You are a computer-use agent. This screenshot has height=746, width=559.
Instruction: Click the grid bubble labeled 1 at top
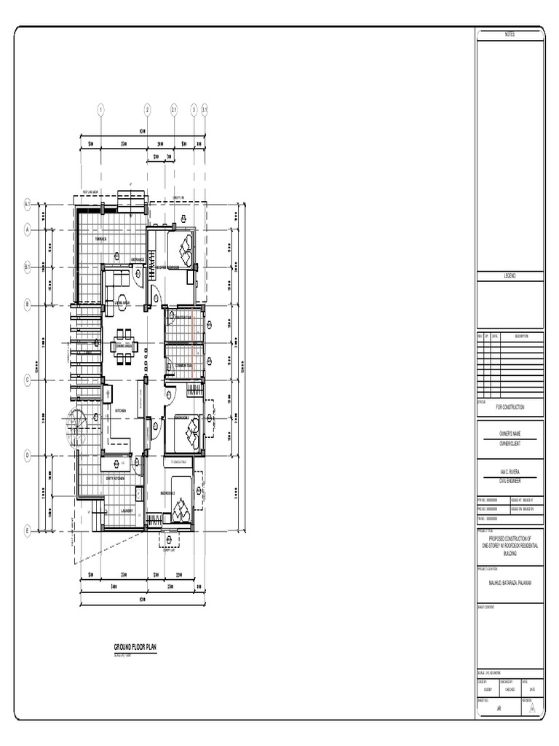click(x=101, y=110)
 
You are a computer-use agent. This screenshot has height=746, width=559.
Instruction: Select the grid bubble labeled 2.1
click(x=175, y=110)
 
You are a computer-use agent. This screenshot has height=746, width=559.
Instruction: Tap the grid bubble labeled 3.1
click(x=205, y=110)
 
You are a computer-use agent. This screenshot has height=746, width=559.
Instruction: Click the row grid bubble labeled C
click(x=27, y=380)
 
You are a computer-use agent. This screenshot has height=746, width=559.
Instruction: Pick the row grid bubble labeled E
click(x=27, y=530)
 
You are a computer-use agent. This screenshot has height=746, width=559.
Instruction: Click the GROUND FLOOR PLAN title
click(x=135, y=647)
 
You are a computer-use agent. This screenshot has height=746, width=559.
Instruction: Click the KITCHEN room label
click(x=121, y=411)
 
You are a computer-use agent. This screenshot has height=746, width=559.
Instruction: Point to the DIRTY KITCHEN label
click(x=115, y=479)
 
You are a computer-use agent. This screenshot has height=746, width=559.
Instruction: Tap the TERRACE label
click(x=100, y=238)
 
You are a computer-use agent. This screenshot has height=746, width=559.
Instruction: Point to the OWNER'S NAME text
click(x=510, y=433)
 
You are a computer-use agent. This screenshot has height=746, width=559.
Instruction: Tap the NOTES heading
click(x=510, y=35)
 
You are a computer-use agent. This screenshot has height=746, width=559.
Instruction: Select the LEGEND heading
click(x=510, y=276)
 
